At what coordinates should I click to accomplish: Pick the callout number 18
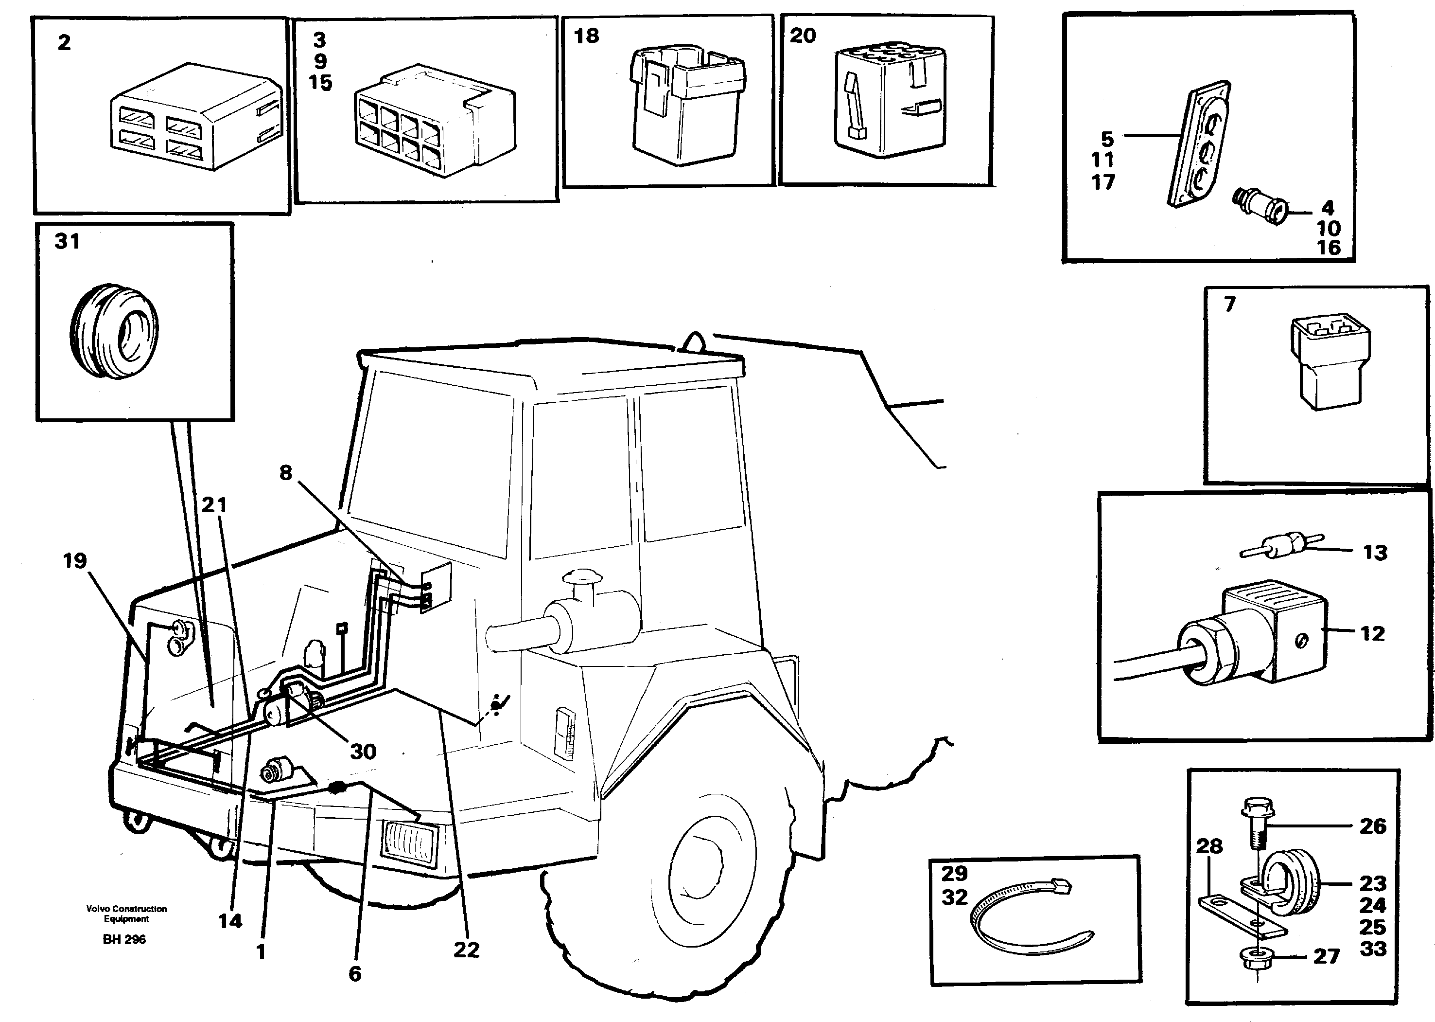tap(586, 36)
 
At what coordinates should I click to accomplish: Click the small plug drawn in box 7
tap(1330, 362)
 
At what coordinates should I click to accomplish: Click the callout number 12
tap(1372, 633)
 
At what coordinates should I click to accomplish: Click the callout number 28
tap(1209, 846)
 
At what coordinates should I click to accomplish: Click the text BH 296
tap(124, 940)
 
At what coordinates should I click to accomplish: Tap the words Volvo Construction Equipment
tap(126, 913)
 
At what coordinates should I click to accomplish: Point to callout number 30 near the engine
tap(363, 752)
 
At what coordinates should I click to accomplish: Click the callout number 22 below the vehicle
tap(466, 950)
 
